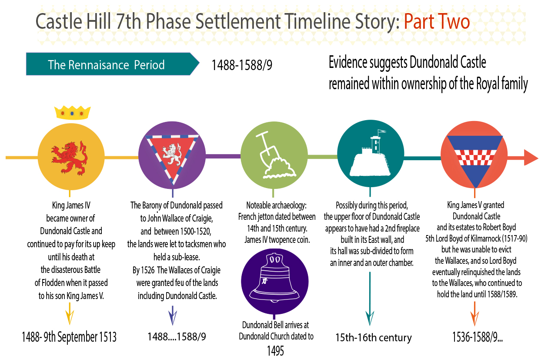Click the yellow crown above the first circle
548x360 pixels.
click(x=72, y=113)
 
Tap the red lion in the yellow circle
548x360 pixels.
click(x=70, y=158)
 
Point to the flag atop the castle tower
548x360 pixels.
click(x=382, y=132)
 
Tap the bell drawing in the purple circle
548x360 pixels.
click(x=274, y=277)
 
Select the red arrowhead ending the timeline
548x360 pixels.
click(x=531, y=158)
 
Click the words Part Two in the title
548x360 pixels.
click(x=437, y=22)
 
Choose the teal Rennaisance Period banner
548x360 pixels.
click(x=113, y=64)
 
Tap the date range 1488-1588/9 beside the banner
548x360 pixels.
click(x=242, y=65)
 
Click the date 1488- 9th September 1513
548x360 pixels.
click(x=69, y=337)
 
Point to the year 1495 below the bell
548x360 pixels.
click(x=275, y=351)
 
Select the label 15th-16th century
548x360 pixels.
click(x=373, y=337)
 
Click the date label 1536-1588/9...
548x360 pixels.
click(x=477, y=337)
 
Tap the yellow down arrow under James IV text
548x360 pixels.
click(x=70, y=314)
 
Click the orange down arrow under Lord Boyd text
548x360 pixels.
click(x=474, y=314)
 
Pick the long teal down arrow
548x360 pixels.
click(x=370, y=299)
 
